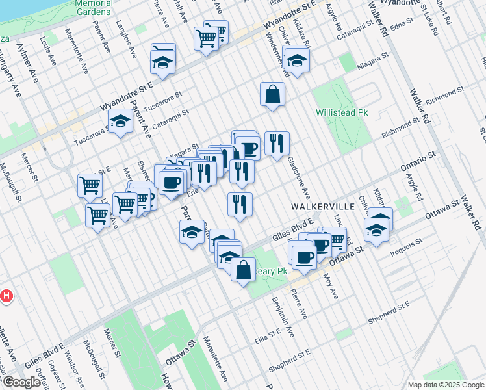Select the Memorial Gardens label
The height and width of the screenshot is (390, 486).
click(94, 6)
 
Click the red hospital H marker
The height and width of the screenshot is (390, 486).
click(6, 296)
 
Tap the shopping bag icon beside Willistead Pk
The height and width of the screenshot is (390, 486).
click(273, 94)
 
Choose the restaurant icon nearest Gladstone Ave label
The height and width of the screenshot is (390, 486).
click(277, 144)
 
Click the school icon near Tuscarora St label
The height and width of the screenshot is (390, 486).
click(120, 122)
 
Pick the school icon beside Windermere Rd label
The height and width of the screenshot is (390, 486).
click(297, 60)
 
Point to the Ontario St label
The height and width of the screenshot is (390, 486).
click(417, 160)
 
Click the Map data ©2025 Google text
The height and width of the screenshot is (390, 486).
click(445, 385)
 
